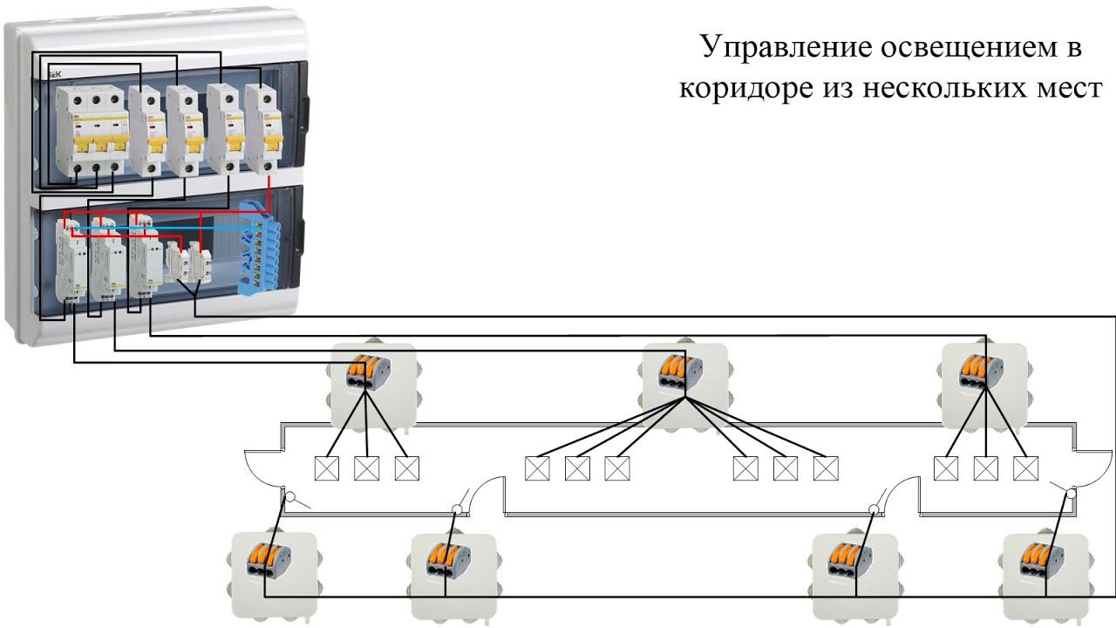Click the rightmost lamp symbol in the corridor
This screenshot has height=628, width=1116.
pos(1025,468)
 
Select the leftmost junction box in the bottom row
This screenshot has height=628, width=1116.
pos(270,571)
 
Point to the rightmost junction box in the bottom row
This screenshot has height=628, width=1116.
pos(1044,571)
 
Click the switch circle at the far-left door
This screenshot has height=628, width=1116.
pos(292,501)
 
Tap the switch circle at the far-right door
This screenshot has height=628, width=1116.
pos(1072,493)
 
